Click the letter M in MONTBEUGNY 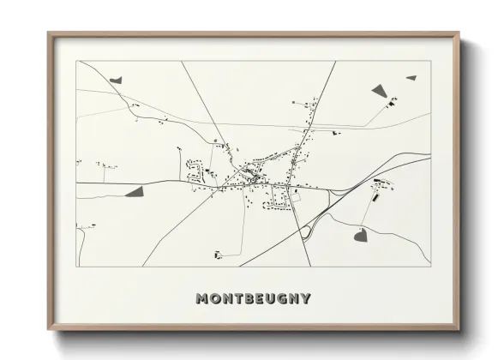pyautogui.click(x=202, y=299)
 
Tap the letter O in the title pyautogui.click(x=216, y=299)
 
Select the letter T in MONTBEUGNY pyautogui.click(x=242, y=299)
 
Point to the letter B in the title pyautogui.click(x=254, y=299)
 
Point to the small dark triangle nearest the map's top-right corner pyautogui.click(x=411, y=77)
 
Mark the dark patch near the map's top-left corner pyautogui.click(x=117, y=79)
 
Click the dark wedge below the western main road pyautogui.click(x=135, y=192)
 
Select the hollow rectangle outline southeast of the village pyautogui.click(x=297, y=196)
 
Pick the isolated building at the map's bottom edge pyautogui.click(x=217, y=253)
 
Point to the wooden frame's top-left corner pyautogui.click(x=48, y=33)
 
